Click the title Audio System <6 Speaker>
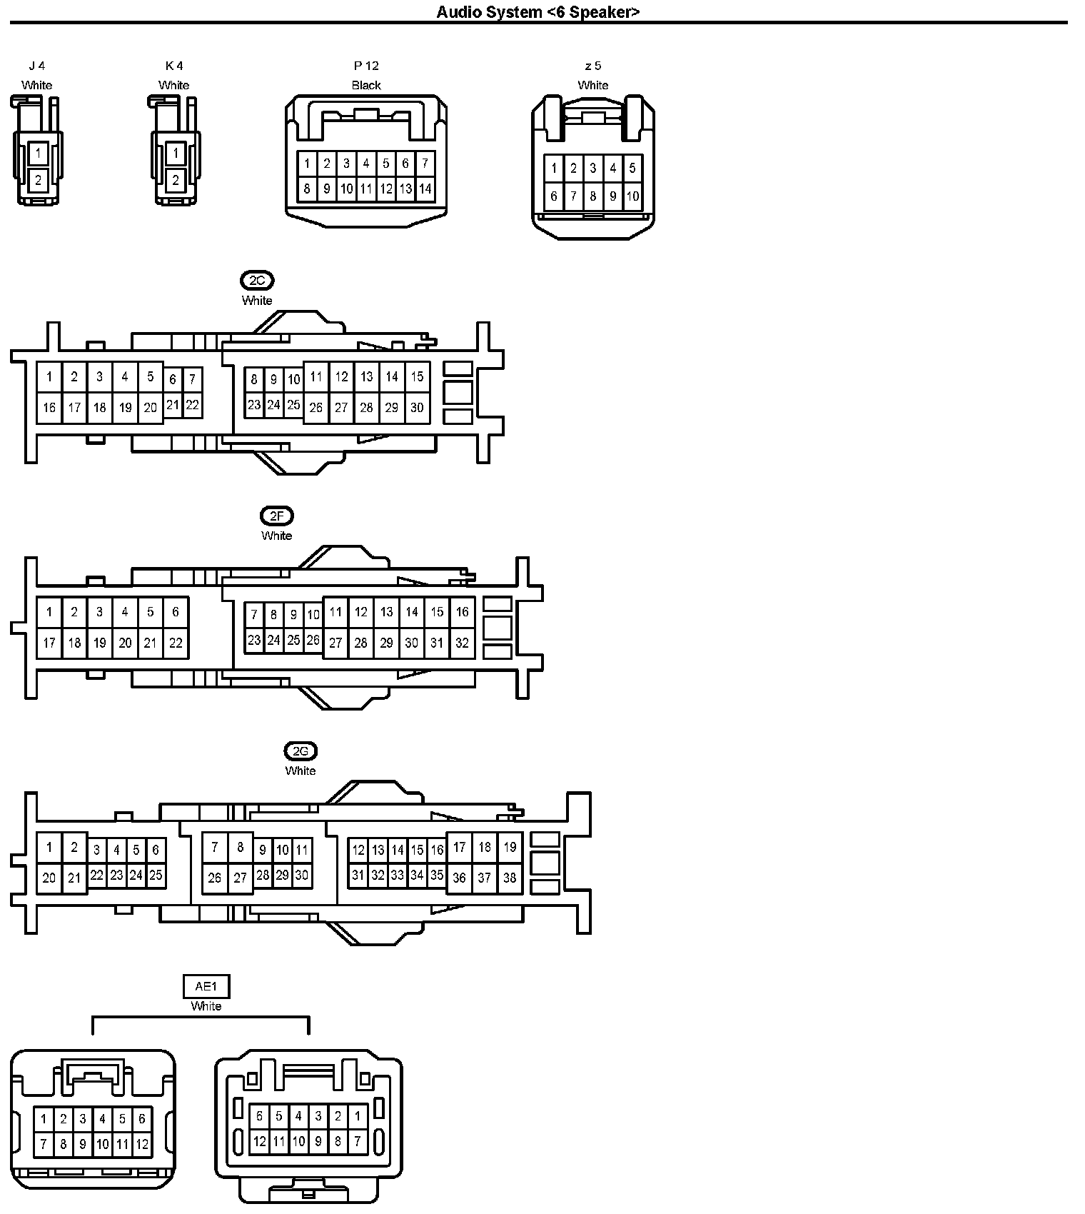click(538, 11)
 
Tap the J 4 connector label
click(36, 66)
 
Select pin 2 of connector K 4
click(176, 181)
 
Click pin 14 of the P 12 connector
click(425, 189)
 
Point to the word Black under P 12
click(366, 85)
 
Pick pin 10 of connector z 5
click(632, 196)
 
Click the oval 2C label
click(257, 281)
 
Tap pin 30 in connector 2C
click(417, 408)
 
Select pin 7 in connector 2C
click(192, 379)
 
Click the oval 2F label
click(277, 516)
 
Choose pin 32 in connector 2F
click(462, 643)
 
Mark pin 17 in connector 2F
click(49, 643)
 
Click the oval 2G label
click(301, 751)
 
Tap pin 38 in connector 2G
click(510, 878)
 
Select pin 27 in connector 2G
click(240, 878)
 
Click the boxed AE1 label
click(206, 987)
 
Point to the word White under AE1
click(206, 1006)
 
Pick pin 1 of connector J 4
click(39, 153)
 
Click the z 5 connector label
click(592, 66)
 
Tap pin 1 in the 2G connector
click(49, 848)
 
